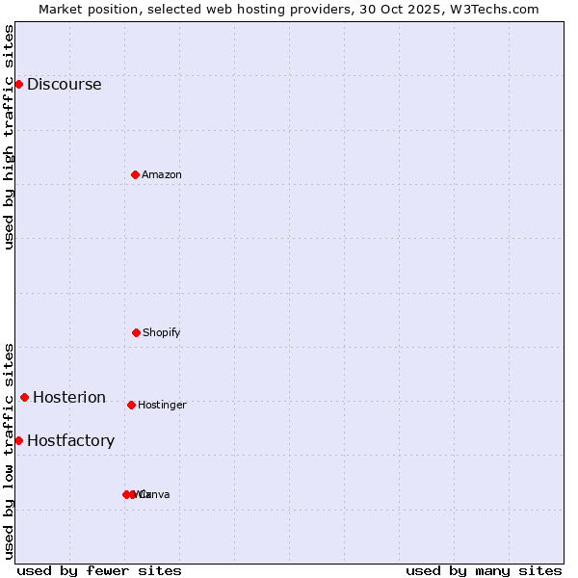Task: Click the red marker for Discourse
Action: click(18, 84)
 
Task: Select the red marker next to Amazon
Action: click(135, 174)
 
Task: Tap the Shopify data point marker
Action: click(136, 332)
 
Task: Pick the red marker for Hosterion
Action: click(24, 397)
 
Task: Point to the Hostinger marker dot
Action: click(131, 405)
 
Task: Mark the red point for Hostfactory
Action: click(18, 440)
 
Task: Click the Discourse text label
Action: click(64, 84)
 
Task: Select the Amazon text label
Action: click(162, 174)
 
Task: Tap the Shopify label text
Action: click(162, 332)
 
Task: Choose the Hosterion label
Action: click(69, 397)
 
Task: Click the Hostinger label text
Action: click(162, 405)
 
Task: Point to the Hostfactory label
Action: click(70, 440)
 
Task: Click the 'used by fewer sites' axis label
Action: click(99, 570)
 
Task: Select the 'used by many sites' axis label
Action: click(484, 570)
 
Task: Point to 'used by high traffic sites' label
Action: click(10, 137)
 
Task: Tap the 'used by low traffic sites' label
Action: click(10, 451)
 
